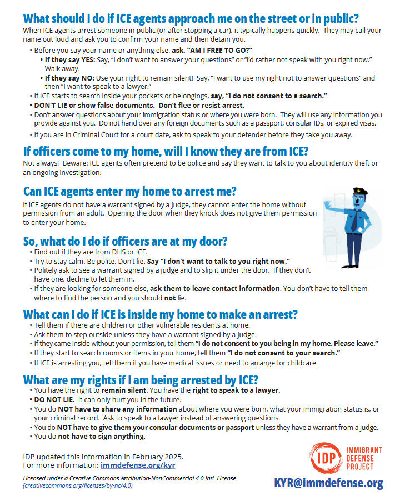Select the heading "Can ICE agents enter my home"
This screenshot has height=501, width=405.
click(130, 192)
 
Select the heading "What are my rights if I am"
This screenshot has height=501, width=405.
click(141, 380)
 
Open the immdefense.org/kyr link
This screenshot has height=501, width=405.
click(138, 465)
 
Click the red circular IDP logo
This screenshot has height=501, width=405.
click(323, 458)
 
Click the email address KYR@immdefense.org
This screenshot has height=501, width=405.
click(328, 483)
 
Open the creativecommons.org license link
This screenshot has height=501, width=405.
click(78, 485)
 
